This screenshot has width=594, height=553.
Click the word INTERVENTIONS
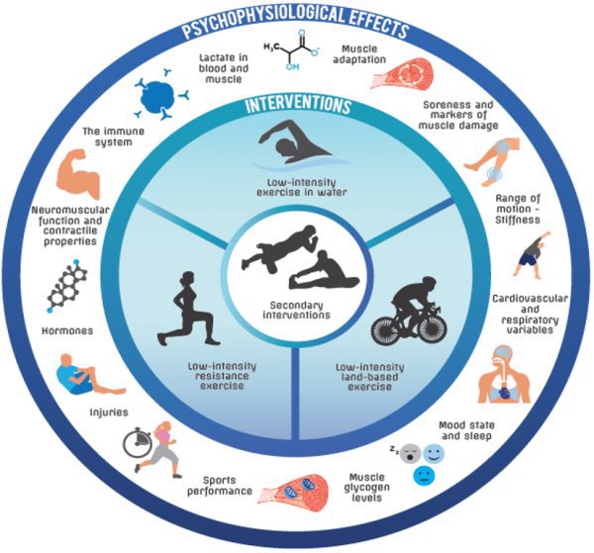(298, 104)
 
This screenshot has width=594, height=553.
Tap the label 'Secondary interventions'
(297, 312)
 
